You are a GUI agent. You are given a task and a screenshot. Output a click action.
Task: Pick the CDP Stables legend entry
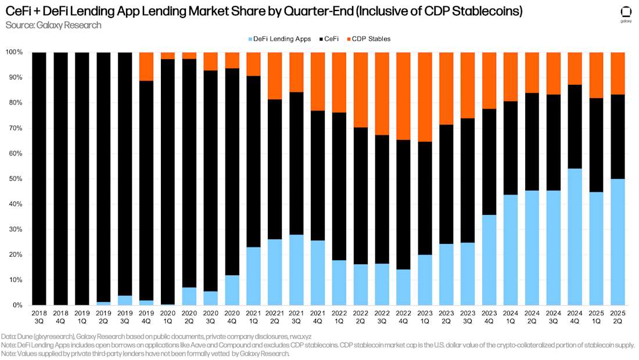tap(369, 39)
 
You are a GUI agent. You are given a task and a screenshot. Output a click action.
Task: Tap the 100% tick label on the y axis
tap(13, 52)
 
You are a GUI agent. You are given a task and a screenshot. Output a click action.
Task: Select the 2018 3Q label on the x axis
tap(39, 317)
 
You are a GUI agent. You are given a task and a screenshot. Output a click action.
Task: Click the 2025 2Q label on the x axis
tap(618, 317)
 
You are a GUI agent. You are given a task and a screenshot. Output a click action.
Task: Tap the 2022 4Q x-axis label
tap(404, 317)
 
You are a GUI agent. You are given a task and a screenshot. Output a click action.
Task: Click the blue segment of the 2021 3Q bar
tap(296, 270)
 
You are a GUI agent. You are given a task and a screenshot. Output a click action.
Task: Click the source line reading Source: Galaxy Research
tap(53, 25)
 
